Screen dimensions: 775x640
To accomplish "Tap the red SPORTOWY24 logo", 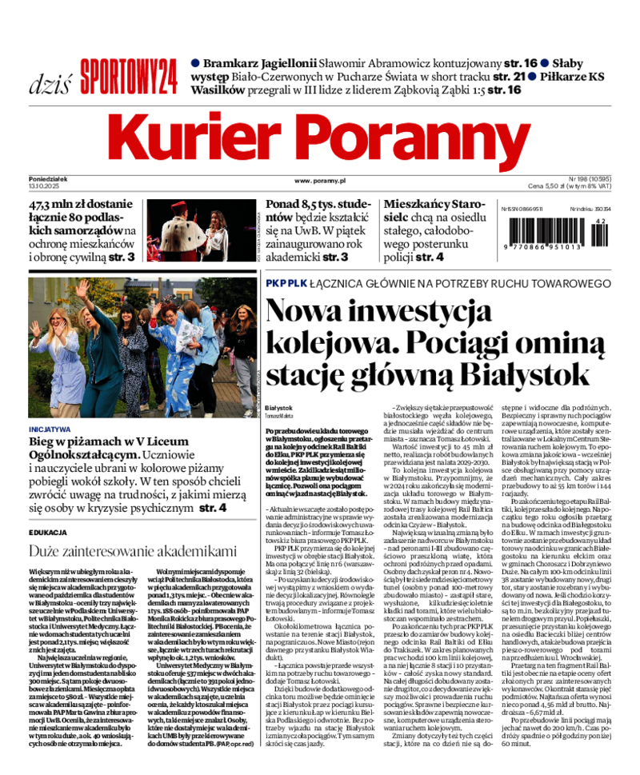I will [x=128, y=78].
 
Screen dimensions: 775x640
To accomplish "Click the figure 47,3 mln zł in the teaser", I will [x=64, y=205].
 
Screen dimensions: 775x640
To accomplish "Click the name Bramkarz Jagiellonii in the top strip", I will [x=258, y=62].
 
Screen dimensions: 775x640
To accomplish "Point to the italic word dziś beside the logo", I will [x=50, y=84].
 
